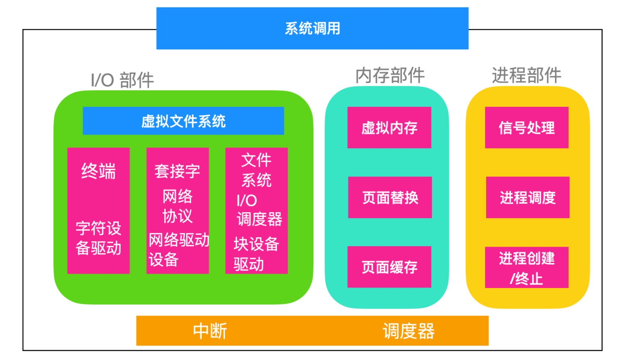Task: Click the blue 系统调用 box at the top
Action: click(x=312, y=28)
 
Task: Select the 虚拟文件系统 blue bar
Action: click(x=183, y=121)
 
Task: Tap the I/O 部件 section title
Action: click(x=122, y=80)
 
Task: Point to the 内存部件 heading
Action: click(x=390, y=75)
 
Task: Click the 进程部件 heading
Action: click(x=526, y=75)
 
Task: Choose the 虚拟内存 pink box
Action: click(x=389, y=128)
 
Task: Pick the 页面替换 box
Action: click(x=390, y=197)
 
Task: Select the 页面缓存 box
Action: click(x=389, y=267)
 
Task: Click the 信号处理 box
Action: click(x=526, y=128)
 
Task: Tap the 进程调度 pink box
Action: click(x=528, y=197)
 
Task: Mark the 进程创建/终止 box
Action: click(x=526, y=267)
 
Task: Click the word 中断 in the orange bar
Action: click(x=210, y=331)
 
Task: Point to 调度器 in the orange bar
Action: click(x=408, y=331)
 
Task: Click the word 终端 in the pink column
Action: click(x=98, y=171)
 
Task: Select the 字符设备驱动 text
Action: click(x=98, y=238)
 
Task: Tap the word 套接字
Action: click(x=177, y=171)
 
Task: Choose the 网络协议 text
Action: click(x=177, y=206)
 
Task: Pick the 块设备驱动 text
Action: click(x=256, y=254)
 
